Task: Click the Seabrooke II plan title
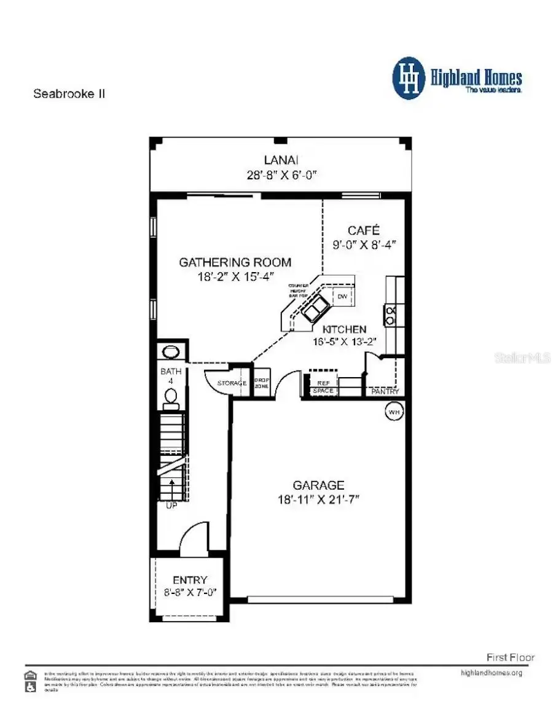coord(69,95)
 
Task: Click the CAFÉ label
coord(364,230)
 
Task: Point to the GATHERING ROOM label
coord(235,262)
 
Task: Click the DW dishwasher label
coord(342,297)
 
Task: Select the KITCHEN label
coord(345,330)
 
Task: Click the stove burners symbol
coord(390,315)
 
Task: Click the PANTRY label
coord(385,391)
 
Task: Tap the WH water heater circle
coord(393,412)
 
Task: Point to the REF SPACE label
coord(323,387)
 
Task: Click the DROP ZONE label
coord(262,383)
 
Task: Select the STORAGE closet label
coord(232,384)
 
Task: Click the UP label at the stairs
coord(171,506)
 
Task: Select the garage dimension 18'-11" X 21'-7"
coord(318,499)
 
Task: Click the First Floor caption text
coord(510,657)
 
